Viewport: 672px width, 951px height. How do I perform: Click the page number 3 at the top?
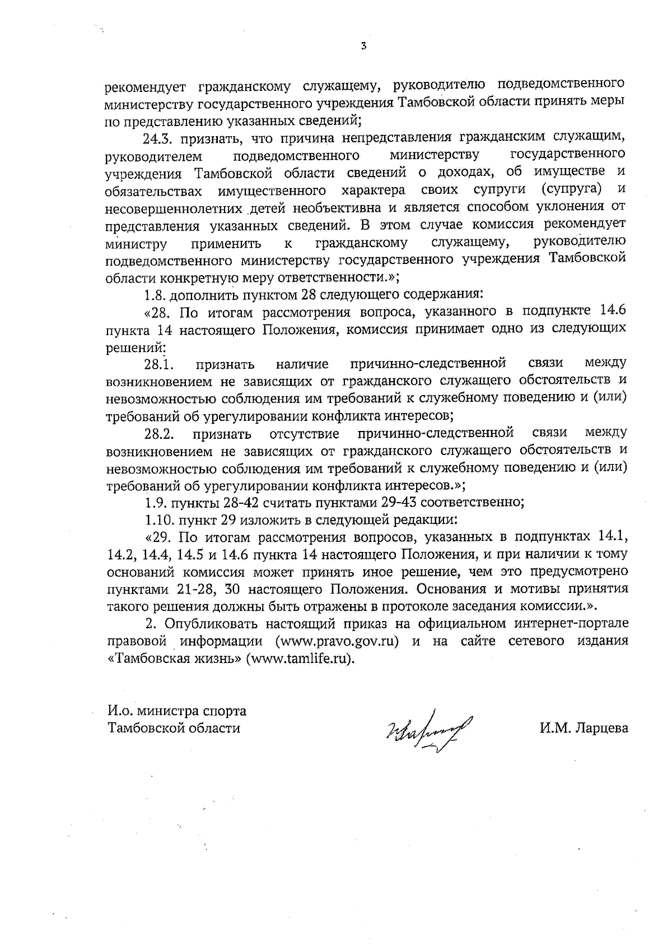[364, 46]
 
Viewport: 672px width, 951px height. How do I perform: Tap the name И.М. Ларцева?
[584, 729]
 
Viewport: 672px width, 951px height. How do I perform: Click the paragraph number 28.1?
[159, 365]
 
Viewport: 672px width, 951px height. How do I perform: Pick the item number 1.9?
[155, 502]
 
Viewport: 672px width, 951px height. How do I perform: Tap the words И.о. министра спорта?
[177, 711]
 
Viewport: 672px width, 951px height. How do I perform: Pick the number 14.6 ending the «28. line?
[613, 311]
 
